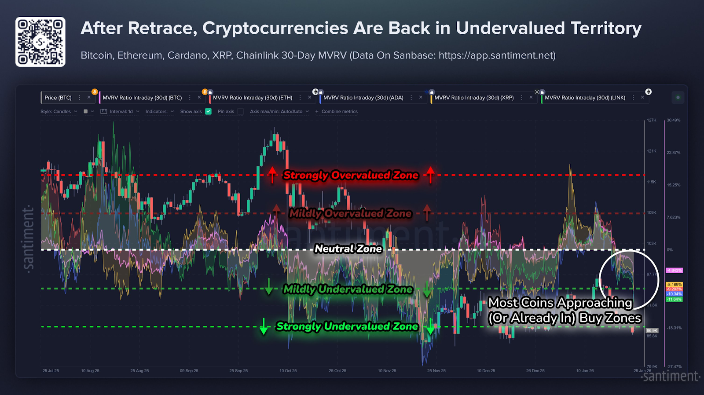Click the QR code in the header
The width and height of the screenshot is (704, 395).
tap(40, 42)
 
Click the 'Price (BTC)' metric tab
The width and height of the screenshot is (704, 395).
tap(58, 98)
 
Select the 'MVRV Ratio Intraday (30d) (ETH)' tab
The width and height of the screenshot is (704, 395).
tap(253, 98)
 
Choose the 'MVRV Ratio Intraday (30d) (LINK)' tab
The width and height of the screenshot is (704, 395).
tap(585, 98)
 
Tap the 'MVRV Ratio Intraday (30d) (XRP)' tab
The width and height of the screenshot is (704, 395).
tap(474, 98)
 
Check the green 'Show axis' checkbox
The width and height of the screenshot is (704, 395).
tap(209, 111)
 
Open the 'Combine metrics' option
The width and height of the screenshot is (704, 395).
tap(339, 111)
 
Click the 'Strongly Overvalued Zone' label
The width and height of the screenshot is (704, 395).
tap(351, 175)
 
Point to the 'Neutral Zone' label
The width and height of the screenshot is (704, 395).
tap(348, 249)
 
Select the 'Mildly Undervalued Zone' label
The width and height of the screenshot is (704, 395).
tap(348, 289)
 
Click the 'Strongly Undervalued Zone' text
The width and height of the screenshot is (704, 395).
tap(347, 326)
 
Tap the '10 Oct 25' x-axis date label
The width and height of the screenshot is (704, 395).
tap(288, 371)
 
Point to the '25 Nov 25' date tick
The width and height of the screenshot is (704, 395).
tap(436, 371)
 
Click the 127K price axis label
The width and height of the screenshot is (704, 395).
tap(651, 120)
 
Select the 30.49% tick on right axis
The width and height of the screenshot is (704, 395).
tap(673, 120)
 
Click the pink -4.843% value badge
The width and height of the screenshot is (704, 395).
tap(674, 271)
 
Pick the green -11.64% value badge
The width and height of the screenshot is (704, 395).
tap(674, 300)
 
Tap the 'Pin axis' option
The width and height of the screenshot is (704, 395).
tap(226, 111)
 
